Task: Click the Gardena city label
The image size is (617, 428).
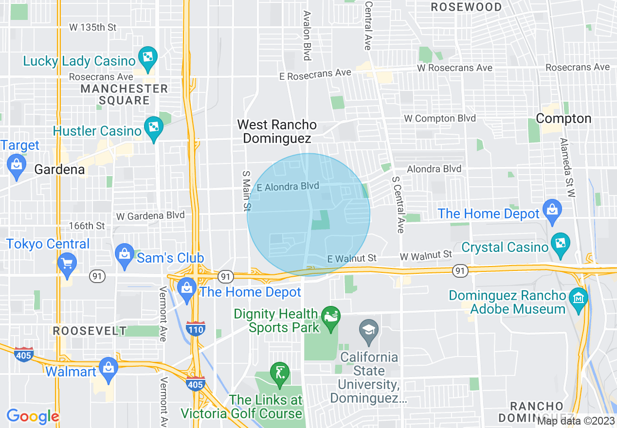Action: [x=59, y=170]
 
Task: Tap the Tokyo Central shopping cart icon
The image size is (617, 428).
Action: [x=67, y=263]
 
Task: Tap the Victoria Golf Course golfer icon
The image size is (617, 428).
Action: [x=279, y=374]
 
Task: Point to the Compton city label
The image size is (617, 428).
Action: [x=563, y=119]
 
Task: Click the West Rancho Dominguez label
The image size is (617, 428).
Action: [x=277, y=132]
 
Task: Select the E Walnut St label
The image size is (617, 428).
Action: [x=352, y=258]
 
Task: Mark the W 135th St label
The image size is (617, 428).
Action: [x=93, y=27]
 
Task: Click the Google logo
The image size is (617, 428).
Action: [x=33, y=416]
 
